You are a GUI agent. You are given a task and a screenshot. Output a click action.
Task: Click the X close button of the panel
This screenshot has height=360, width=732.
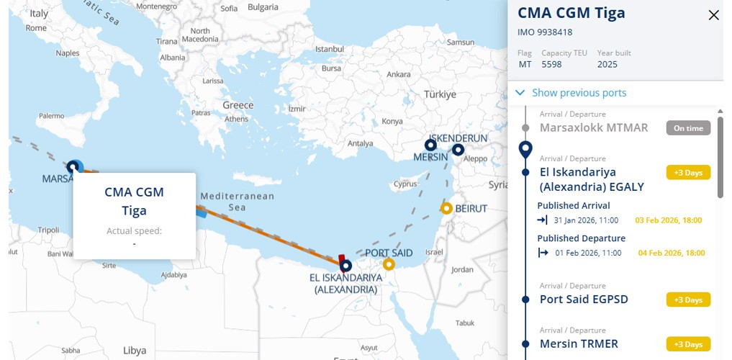coord(713,15)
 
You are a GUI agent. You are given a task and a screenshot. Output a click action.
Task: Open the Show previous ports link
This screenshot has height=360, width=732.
coord(579,93)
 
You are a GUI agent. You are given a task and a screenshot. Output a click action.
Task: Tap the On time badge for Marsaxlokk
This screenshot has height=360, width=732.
coord(688,128)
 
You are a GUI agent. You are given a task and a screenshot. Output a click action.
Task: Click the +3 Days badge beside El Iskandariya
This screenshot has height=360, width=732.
coord(688,173)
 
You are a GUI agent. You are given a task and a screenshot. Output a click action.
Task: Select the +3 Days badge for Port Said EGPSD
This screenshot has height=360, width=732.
coord(688,300)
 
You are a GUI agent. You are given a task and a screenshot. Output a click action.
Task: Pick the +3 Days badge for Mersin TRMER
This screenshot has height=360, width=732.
coord(688,344)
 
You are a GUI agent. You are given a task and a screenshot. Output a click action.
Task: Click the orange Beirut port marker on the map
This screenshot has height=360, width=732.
coord(446,209)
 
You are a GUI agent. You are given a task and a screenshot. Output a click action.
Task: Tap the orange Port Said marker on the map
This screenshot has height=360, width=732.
coord(389,264)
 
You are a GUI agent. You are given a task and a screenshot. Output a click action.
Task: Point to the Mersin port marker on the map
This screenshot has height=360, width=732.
coord(430,145)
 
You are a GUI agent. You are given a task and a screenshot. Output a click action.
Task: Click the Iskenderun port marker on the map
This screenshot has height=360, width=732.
coord(458,150)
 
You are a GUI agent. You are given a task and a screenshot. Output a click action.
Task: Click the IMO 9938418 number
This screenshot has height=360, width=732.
coord(545,32)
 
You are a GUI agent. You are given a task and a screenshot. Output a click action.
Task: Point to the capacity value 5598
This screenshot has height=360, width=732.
coord(551,65)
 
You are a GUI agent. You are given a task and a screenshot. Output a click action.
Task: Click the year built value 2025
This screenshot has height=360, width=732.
coord(607,65)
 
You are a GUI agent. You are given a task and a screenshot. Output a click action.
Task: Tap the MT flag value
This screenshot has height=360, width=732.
coord(525,65)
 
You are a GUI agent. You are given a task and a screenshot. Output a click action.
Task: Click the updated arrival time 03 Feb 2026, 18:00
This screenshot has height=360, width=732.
coord(668,220)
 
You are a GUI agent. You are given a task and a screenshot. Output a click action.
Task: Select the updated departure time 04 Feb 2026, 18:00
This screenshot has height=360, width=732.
coord(669,253)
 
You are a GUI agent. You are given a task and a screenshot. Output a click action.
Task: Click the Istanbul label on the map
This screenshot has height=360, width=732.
coord(330,50)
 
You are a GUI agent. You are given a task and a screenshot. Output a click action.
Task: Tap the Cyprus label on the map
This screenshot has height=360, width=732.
coord(405,184)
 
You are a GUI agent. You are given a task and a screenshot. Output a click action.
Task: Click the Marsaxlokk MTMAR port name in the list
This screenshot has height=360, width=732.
coord(594,128)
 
